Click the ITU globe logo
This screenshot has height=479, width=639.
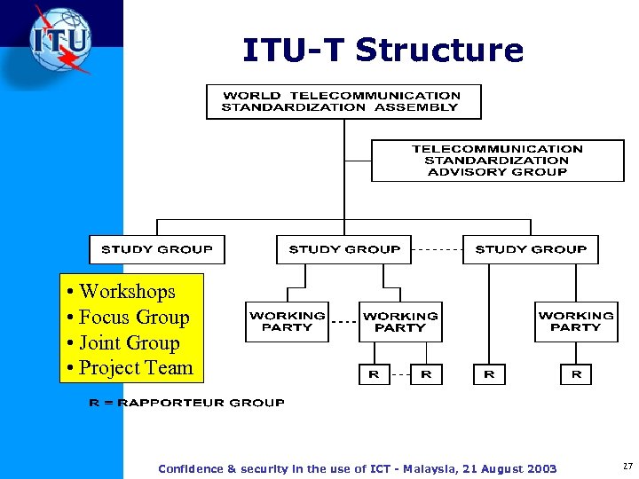(x=59, y=40)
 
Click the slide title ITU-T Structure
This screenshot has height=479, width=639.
(x=383, y=50)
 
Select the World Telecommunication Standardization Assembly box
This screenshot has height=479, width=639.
(x=343, y=101)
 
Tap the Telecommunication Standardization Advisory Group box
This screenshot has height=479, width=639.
(x=497, y=161)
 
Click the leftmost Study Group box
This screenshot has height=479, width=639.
(x=157, y=249)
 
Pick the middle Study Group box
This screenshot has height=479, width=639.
(x=344, y=249)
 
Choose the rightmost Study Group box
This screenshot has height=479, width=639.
(x=531, y=249)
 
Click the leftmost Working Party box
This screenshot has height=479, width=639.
(x=287, y=321)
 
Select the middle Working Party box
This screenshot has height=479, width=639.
(x=400, y=321)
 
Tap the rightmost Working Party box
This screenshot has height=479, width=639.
(x=576, y=321)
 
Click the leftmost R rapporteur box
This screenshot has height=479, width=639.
(x=374, y=374)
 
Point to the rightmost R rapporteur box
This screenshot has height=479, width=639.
(x=576, y=374)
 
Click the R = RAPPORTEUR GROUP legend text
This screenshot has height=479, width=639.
(x=186, y=403)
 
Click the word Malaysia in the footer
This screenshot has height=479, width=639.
(x=429, y=468)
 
